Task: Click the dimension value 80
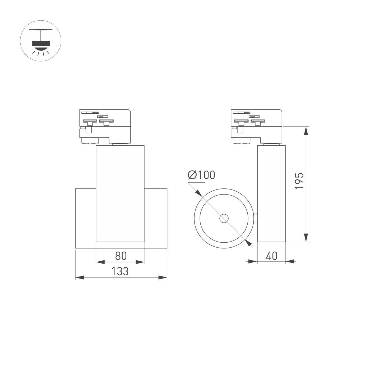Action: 121,256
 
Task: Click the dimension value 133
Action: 120,271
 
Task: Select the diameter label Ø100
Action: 201,175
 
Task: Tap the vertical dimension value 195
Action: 299,181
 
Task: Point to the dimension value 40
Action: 271,256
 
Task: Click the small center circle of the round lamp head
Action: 224,218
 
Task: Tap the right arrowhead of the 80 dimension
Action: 140,262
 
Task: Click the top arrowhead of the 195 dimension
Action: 306,131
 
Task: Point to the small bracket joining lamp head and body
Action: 256,218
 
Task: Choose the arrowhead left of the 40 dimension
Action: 253,261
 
